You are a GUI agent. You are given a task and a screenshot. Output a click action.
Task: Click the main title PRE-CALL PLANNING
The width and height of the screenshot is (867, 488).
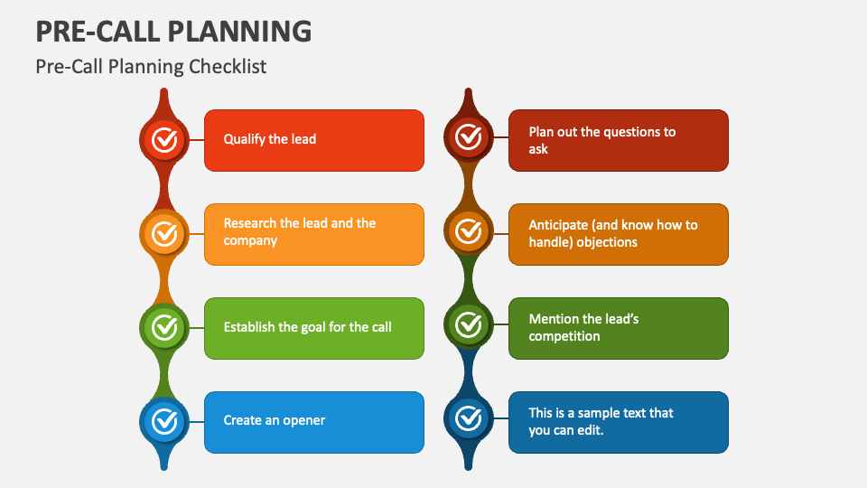173,31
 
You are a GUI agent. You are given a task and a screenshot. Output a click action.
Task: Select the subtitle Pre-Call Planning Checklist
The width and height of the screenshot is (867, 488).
151,66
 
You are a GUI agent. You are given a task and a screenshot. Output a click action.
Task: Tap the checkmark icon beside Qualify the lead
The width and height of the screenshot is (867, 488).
163,139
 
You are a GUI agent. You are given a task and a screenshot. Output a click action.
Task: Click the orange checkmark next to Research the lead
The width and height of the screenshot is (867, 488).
163,233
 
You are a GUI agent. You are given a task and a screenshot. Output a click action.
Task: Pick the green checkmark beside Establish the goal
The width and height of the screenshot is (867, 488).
163,326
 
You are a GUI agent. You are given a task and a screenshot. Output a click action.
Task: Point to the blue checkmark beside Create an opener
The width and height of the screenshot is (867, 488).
163,420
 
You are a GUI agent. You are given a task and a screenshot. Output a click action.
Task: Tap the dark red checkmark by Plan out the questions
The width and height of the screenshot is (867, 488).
468,137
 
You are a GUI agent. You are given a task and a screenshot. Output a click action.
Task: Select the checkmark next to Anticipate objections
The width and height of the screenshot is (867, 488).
468,231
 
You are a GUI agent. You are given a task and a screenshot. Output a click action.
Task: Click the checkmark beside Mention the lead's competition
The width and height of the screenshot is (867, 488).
468,324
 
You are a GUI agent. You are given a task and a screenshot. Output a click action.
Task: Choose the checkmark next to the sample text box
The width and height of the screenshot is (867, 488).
468,418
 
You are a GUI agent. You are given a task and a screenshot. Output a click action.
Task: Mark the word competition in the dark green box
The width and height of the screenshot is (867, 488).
564,336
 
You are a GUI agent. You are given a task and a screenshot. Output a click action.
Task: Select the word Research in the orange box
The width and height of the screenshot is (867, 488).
250,223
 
